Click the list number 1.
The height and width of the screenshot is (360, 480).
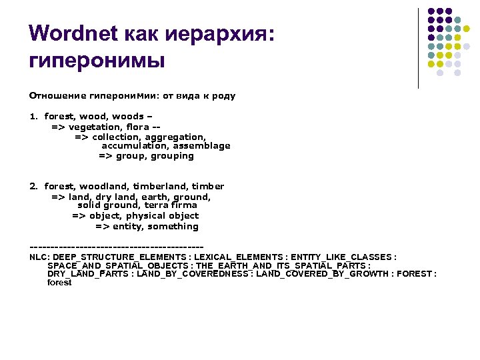33,117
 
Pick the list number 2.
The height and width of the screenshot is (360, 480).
33,186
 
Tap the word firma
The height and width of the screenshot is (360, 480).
183,206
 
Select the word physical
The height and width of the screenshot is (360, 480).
145,216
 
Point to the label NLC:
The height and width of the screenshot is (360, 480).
39,257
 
